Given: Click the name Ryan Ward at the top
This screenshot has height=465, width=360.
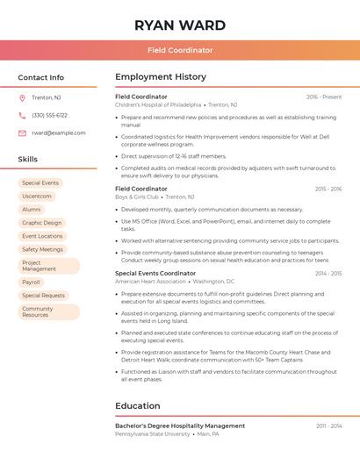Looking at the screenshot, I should [180, 25].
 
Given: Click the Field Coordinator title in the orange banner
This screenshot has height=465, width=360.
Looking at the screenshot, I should [180, 51].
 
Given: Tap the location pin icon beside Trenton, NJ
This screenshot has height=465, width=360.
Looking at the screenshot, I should [22, 97].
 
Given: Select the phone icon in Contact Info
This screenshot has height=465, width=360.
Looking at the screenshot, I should [22, 115].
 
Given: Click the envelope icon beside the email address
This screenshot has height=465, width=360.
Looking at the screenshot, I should [22, 132].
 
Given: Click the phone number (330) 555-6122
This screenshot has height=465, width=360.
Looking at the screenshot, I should [49, 115].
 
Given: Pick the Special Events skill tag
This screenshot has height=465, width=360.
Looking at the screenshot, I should [40, 183].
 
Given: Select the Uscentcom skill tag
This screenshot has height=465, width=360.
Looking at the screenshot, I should [37, 197].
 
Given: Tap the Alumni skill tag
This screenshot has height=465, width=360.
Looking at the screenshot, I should [32, 210].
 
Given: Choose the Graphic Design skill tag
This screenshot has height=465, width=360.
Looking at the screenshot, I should [42, 223].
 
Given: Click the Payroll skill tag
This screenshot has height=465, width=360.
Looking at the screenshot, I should [32, 283].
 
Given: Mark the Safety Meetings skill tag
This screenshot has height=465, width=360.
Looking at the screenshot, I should [42, 249].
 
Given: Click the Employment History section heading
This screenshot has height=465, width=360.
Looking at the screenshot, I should [161, 77].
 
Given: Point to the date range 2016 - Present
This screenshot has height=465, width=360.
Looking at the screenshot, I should [324, 97].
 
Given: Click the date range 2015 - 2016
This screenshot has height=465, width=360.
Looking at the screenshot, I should [328, 189].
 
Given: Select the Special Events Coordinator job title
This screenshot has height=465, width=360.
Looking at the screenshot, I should [155, 273].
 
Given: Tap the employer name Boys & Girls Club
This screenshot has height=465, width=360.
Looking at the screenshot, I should [137, 197].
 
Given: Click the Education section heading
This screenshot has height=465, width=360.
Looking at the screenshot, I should [139, 405].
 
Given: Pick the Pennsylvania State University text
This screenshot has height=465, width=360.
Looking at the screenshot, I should [153, 434].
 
